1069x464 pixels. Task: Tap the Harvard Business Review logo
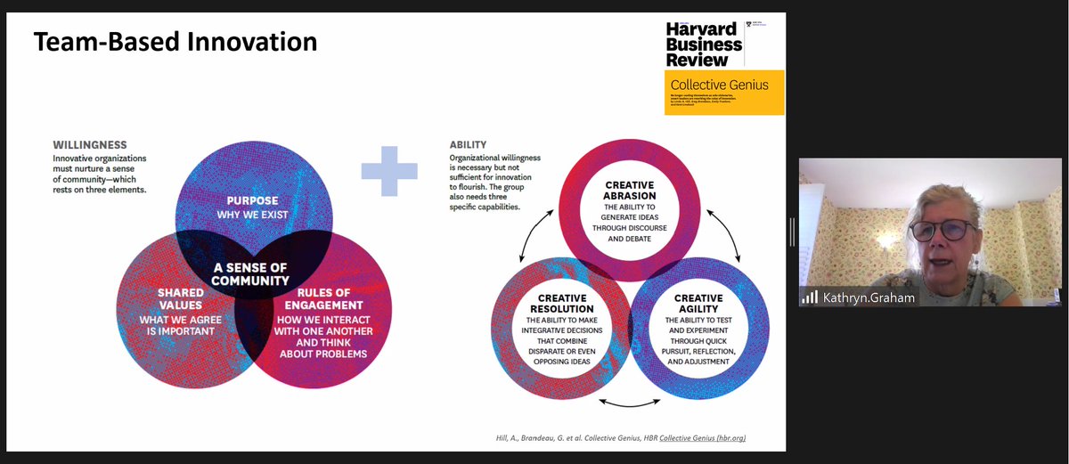pyautogui.click(x=704, y=44)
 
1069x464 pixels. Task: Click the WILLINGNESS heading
pyautogui.click(x=89, y=144)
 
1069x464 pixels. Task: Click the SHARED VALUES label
pyautogui.click(x=175, y=298)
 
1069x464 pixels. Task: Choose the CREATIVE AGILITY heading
pyautogui.click(x=698, y=304)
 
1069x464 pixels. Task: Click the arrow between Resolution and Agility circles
pyautogui.click(x=629, y=403)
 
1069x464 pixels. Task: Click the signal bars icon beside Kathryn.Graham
pyautogui.click(x=809, y=297)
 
